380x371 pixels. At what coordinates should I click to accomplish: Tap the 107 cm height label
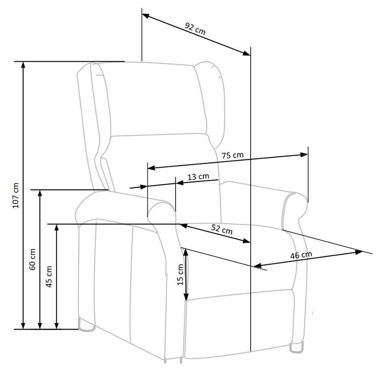[16, 195]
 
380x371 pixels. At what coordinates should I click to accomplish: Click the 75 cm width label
[232, 156]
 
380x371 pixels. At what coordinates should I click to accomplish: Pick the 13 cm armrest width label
[198, 177]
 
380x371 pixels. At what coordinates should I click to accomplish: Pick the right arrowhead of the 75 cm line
[305, 155]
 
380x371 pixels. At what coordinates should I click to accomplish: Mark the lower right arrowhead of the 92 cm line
[247, 54]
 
